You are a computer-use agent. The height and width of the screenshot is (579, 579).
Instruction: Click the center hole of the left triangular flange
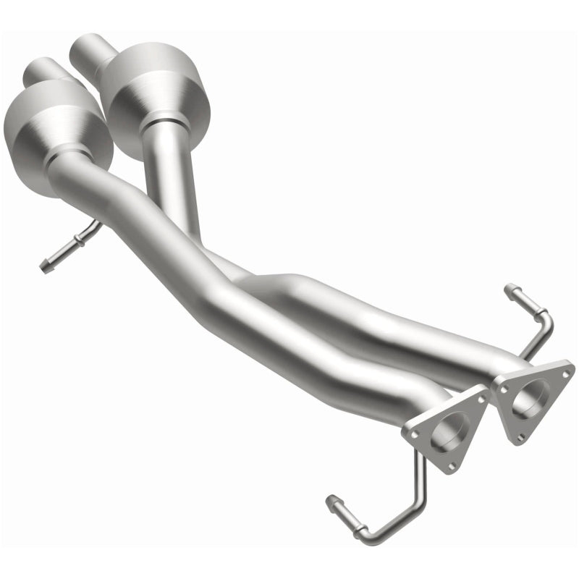[x=444, y=432]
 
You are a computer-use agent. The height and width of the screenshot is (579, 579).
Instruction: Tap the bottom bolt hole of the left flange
[x=450, y=466]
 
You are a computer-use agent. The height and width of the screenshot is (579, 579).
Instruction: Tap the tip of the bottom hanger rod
[x=331, y=499]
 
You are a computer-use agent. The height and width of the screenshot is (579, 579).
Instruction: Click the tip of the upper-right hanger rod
[x=509, y=288]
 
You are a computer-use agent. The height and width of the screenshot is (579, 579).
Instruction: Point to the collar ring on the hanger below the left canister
[x=78, y=240]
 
